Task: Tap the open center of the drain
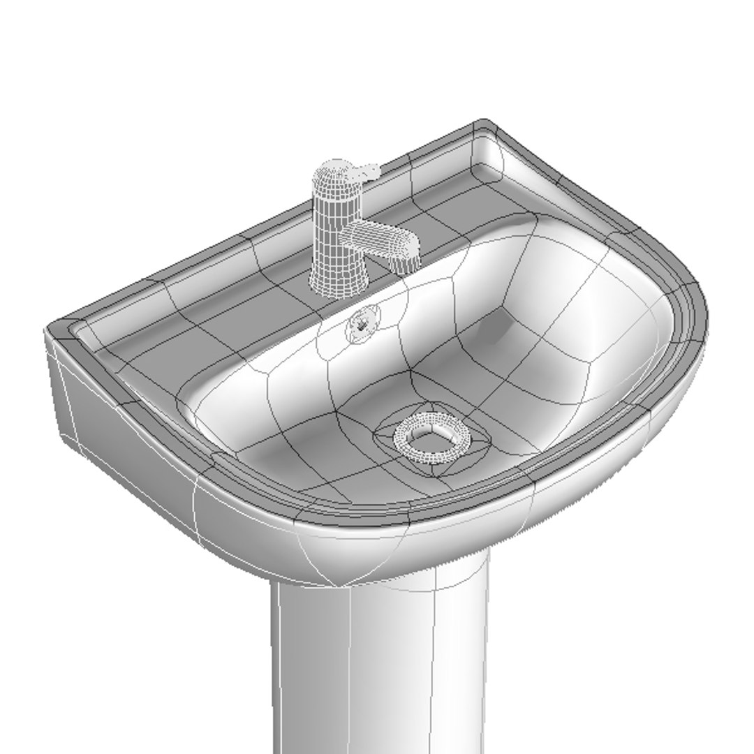click(x=429, y=439)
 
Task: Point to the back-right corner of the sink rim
click(x=485, y=126)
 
